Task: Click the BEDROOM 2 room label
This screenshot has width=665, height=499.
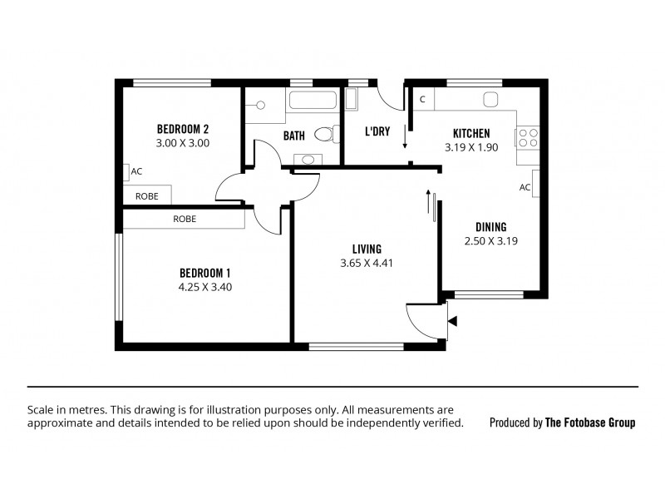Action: click(x=182, y=129)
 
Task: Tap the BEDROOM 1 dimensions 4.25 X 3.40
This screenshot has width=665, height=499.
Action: click(x=204, y=287)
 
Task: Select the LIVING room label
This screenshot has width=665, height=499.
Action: click(x=367, y=249)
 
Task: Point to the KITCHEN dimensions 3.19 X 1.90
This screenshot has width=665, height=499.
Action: click(x=470, y=147)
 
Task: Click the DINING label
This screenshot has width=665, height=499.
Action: click(x=490, y=227)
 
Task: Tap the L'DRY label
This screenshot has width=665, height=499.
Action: click(x=378, y=131)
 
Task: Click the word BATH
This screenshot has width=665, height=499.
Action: click(x=294, y=135)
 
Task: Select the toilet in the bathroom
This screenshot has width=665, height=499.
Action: click(x=325, y=134)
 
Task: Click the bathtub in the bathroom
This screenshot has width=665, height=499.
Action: click(x=312, y=101)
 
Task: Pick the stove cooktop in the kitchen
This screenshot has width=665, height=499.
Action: click(x=528, y=136)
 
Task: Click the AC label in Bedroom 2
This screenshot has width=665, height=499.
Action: click(x=137, y=171)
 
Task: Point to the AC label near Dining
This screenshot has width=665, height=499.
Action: click(x=525, y=187)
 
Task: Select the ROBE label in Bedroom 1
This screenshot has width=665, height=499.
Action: click(x=185, y=219)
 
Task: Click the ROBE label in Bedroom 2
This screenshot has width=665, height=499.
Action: click(x=147, y=196)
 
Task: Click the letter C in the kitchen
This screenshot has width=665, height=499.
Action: click(x=422, y=100)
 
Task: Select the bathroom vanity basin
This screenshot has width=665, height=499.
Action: click(x=309, y=159)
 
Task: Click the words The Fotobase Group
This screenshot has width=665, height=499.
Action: click(x=589, y=422)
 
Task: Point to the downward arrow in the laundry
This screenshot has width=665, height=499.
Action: click(x=405, y=137)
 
